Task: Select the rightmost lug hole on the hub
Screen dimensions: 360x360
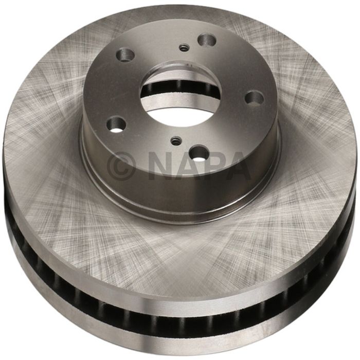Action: pyautogui.click(x=254, y=97)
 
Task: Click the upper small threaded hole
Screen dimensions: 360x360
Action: pyautogui.click(x=183, y=48)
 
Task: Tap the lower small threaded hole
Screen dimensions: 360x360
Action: pyautogui.click(x=175, y=139)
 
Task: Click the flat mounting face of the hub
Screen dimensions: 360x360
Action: pyautogui.click(x=226, y=67)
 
